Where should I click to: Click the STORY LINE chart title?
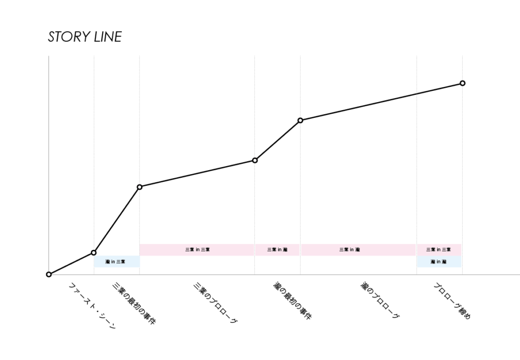(85, 37)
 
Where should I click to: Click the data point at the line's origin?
(49, 274)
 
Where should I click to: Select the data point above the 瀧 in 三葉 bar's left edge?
(93, 252)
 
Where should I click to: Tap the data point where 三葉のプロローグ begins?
(140, 187)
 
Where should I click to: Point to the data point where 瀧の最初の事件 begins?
(255, 160)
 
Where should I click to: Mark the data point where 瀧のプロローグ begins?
(300, 120)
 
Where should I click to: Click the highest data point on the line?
(462, 83)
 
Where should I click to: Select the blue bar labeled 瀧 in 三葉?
(116, 261)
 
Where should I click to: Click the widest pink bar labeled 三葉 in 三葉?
(197, 249)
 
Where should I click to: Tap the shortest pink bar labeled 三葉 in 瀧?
(277, 249)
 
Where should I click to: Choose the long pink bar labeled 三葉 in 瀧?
(358, 249)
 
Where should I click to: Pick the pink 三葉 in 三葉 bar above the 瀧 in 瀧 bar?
(439, 249)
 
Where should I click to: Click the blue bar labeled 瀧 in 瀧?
(439, 261)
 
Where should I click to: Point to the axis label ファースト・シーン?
(92, 306)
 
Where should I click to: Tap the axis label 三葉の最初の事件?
(134, 304)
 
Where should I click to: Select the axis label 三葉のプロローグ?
(215, 303)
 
